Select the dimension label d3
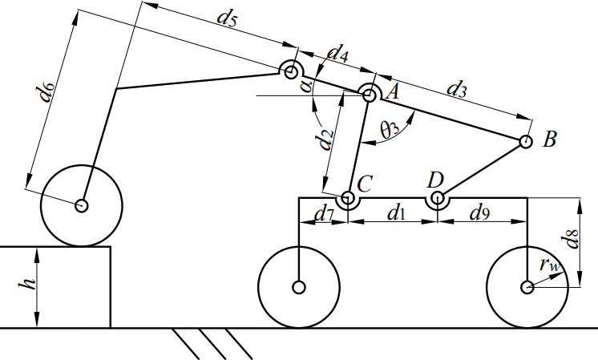tap(455, 89)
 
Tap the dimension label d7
tap(323, 214)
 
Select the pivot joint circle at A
tap(370, 95)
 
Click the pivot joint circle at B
tap(525, 142)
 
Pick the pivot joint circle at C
tap(347, 197)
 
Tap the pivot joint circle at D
tap(437, 197)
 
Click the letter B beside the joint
tap(549, 140)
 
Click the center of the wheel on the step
tap(81, 205)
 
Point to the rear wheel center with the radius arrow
tap(527, 287)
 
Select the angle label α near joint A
tap(305, 84)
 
